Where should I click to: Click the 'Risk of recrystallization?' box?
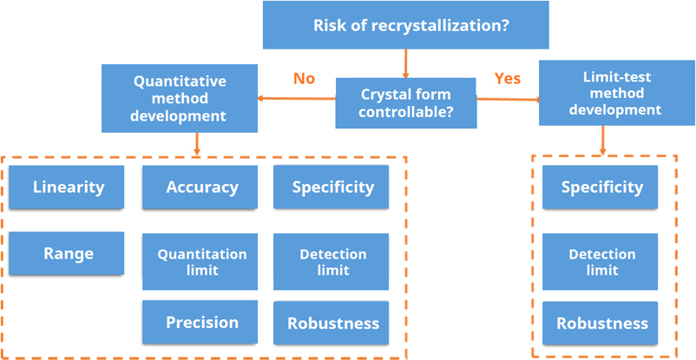click(405, 24)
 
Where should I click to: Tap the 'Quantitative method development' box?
click(179, 97)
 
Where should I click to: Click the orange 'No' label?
click(304, 79)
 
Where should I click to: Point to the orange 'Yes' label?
click(507, 79)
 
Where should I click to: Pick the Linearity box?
click(68, 187)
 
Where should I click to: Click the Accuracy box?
click(200, 187)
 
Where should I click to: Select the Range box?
click(68, 253)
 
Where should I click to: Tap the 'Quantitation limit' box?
click(200, 262)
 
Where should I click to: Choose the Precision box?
click(200, 322)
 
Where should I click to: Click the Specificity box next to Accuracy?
click(332, 187)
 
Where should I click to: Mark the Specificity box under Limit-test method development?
click(601, 187)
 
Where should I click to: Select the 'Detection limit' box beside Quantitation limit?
click(332, 262)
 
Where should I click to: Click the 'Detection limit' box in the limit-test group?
click(601, 262)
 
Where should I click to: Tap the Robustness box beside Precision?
click(332, 323)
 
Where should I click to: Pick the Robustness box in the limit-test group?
click(601, 323)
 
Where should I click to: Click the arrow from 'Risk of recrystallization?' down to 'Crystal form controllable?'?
click(405, 62)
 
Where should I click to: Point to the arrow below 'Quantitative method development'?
click(199, 142)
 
